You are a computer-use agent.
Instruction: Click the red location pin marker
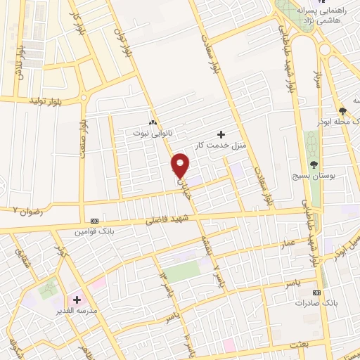coord(181,165)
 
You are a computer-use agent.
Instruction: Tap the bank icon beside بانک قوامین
coord(95,219)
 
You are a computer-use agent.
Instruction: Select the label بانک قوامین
coord(94,230)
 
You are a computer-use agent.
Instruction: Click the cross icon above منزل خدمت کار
coord(221,134)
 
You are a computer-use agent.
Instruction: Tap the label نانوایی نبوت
coord(152,131)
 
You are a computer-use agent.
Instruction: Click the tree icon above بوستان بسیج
coord(314,164)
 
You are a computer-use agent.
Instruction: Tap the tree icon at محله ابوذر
coord(342,112)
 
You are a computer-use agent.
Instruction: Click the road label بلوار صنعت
coord(83,138)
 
